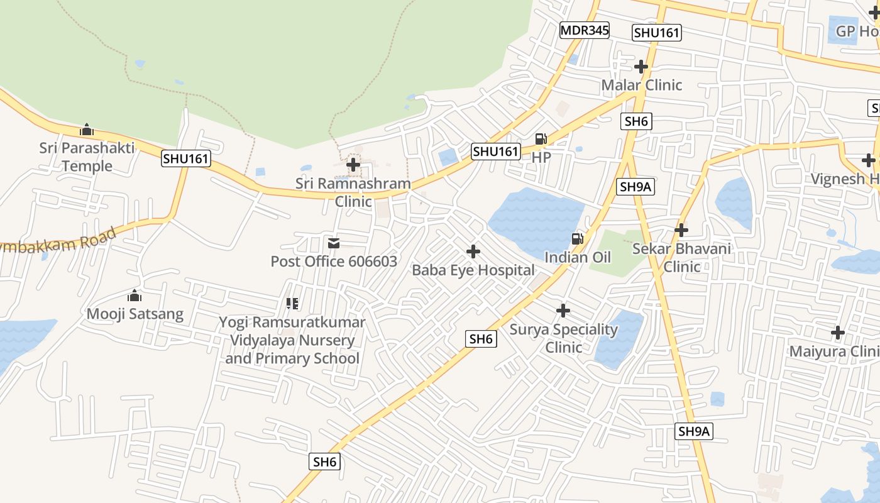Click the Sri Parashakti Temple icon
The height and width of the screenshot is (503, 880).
pyautogui.click(x=87, y=130)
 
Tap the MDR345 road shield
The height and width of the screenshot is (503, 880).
pyautogui.click(x=585, y=30)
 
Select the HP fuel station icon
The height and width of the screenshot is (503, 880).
pyautogui.click(x=541, y=139)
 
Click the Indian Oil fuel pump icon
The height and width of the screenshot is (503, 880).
pyautogui.click(x=577, y=238)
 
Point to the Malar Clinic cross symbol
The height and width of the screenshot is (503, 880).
pyautogui.click(x=641, y=66)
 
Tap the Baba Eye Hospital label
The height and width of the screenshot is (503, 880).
pyautogui.click(x=473, y=270)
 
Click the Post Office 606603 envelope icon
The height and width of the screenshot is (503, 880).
pyautogui.click(x=334, y=243)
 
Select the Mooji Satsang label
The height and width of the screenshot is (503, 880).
pyautogui.click(x=135, y=314)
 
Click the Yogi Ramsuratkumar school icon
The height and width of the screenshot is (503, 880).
pyautogui.click(x=292, y=304)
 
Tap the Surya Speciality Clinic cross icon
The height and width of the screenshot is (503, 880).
pyautogui.click(x=563, y=311)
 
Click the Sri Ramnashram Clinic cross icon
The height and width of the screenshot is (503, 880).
pyautogui.click(x=353, y=165)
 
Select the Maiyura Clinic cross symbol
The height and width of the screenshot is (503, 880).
pyautogui.click(x=838, y=332)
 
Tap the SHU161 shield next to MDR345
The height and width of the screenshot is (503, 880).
pyautogui.click(x=657, y=33)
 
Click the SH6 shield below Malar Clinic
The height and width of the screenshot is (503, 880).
pyautogui.click(x=636, y=121)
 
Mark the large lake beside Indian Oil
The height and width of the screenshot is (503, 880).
pyautogui.click(x=534, y=220)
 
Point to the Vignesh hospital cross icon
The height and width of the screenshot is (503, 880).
pyautogui.click(x=869, y=160)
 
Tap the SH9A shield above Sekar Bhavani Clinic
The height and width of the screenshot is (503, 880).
pyautogui.click(x=635, y=186)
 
